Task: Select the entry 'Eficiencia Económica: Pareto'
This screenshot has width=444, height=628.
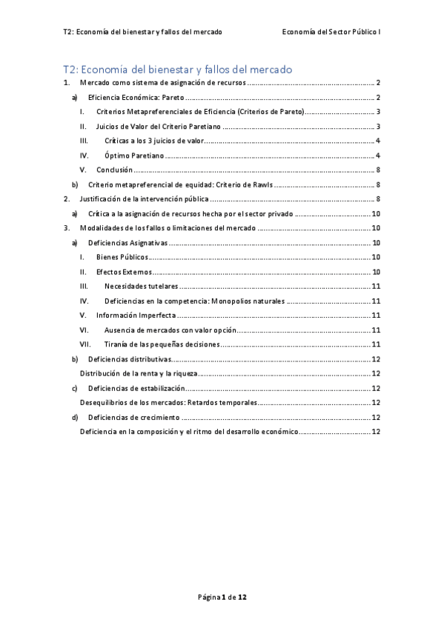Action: [136, 97]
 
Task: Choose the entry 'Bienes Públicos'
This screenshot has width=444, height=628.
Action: [122, 257]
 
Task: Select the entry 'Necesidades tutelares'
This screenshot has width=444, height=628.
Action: [142, 286]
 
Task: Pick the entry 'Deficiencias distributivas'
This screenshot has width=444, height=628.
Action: [130, 358]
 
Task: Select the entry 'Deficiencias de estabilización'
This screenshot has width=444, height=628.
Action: [136, 388]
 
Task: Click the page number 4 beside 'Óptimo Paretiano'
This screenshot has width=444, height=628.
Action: [378, 156]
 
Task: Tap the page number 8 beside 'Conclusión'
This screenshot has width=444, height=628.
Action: [378, 170]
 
